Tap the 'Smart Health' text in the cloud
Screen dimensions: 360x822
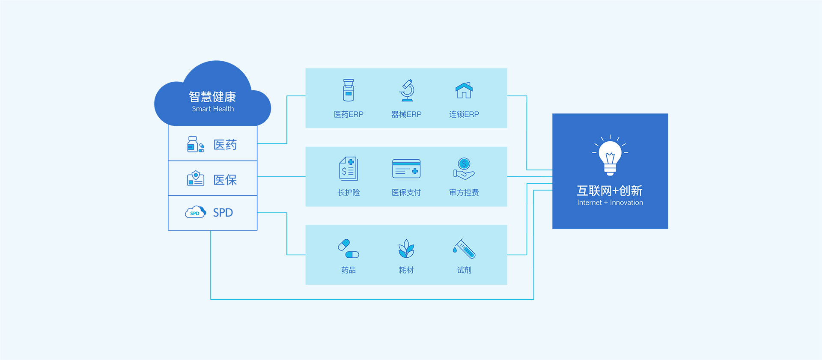point(213,109)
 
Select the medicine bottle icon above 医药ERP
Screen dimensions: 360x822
point(348,90)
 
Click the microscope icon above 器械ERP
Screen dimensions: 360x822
point(406,90)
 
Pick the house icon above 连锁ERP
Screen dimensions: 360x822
point(464,90)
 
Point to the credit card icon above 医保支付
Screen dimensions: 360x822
point(406,169)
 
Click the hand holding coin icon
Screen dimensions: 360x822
point(464,169)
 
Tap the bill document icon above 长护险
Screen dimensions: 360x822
point(348,169)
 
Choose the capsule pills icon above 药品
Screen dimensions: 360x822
point(348,249)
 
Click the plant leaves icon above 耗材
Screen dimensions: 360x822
point(406,249)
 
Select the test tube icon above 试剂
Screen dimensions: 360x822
point(464,249)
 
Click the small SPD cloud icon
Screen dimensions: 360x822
point(195,212)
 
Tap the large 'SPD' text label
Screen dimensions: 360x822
point(223,213)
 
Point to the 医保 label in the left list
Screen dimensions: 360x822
point(225,180)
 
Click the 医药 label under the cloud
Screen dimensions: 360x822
point(225,145)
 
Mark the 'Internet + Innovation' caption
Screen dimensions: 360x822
point(610,202)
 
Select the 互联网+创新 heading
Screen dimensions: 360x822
point(610,190)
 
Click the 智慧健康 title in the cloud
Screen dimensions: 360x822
point(212,97)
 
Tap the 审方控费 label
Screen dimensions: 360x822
point(464,193)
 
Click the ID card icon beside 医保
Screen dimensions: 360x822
point(196,179)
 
